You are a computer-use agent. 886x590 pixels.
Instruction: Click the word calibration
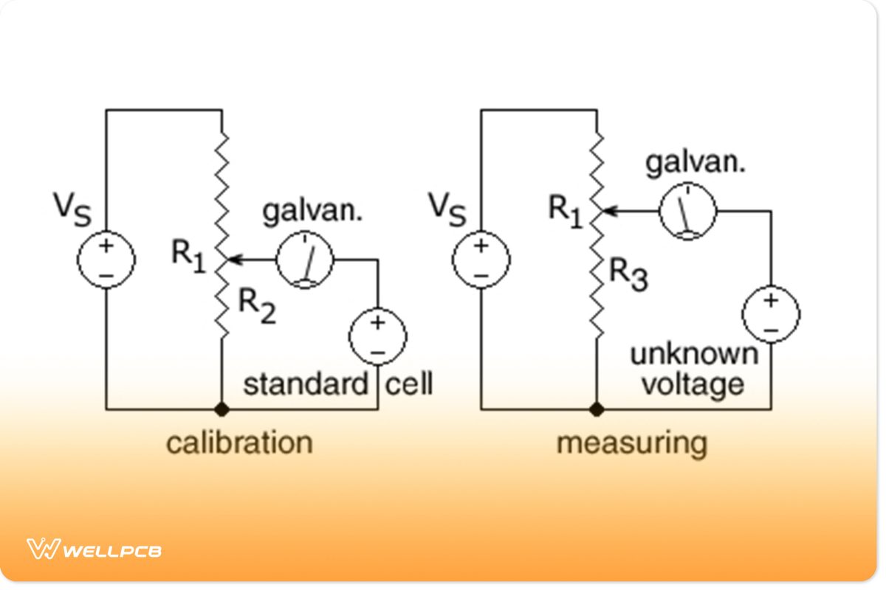[239, 442]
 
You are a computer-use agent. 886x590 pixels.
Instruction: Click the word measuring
[631, 444]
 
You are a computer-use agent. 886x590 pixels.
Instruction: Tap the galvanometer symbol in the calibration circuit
[305, 260]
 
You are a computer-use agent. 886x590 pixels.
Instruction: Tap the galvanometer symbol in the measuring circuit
[687, 211]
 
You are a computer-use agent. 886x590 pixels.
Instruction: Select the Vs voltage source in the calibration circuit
[107, 260]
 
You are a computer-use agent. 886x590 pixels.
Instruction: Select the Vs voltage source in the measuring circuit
[481, 260]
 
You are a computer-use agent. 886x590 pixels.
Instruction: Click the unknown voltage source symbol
[771, 313]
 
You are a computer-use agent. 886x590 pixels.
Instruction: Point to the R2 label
[255, 306]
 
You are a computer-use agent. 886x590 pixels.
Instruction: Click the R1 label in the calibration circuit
[189, 256]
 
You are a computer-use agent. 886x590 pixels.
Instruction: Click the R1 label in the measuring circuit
[566, 210]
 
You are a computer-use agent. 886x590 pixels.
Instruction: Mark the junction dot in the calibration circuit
[221, 409]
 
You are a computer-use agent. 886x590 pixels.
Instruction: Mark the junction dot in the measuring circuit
[597, 409]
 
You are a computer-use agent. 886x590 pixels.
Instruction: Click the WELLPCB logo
[95, 549]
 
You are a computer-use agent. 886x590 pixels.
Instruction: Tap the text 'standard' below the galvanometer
[305, 384]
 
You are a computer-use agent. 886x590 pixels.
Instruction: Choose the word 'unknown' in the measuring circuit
[693, 354]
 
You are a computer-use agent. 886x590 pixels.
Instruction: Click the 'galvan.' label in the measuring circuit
[696, 162]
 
